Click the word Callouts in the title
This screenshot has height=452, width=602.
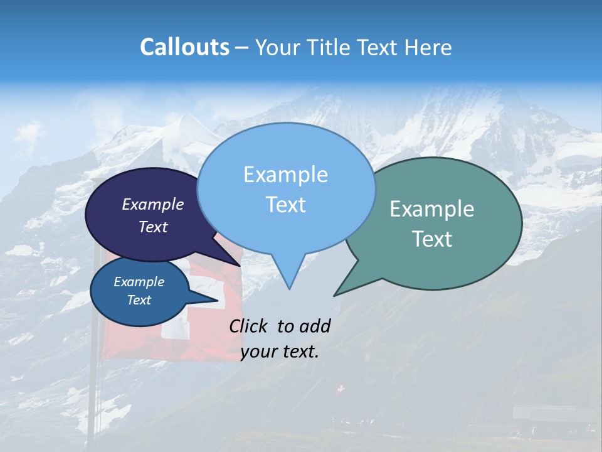tap(184, 47)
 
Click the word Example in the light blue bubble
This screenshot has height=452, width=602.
tap(285, 175)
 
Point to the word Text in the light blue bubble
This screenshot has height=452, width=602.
tap(285, 205)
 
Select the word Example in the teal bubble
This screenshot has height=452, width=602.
tap(432, 209)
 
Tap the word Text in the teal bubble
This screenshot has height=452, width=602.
tap(432, 239)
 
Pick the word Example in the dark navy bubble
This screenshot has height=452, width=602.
tap(152, 204)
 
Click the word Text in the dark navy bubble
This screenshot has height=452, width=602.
tap(152, 227)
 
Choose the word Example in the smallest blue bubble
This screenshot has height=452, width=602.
tap(139, 282)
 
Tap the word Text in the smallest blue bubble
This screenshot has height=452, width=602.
tap(139, 300)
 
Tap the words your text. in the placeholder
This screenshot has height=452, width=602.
tap(279, 352)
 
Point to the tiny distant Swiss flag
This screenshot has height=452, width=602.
tap(341, 389)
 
